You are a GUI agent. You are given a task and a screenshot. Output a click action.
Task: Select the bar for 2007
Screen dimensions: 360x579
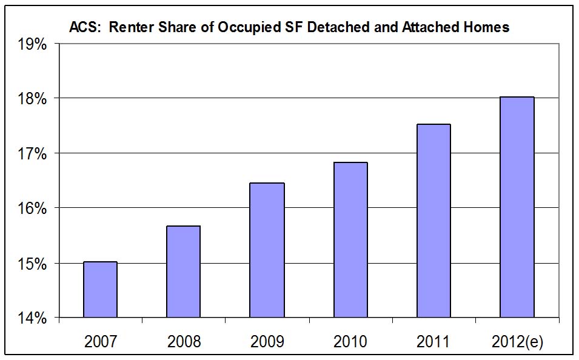[x=100, y=290]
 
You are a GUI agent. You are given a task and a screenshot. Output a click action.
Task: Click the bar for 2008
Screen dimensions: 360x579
[x=183, y=272]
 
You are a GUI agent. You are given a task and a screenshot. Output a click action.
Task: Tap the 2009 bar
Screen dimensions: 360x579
[x=267, y=250]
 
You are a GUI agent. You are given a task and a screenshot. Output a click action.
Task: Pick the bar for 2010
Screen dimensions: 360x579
[x=350, y=240]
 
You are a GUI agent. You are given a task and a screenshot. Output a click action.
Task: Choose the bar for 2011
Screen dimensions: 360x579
[x=433, y=221]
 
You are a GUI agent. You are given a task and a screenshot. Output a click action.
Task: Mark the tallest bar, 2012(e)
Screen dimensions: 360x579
[x=517, y=207]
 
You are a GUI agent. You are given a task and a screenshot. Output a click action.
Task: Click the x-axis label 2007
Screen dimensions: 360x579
[x=100, y=341]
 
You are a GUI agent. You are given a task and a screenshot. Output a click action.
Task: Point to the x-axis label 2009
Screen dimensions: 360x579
[x=267, y=341]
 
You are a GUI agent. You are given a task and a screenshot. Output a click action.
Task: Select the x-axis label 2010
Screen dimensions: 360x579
[x=350, y=341]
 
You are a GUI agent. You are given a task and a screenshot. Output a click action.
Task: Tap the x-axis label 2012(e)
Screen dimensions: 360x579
[x=517, y=341]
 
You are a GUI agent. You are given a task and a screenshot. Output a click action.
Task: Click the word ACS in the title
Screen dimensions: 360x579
[x=82, y=27]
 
